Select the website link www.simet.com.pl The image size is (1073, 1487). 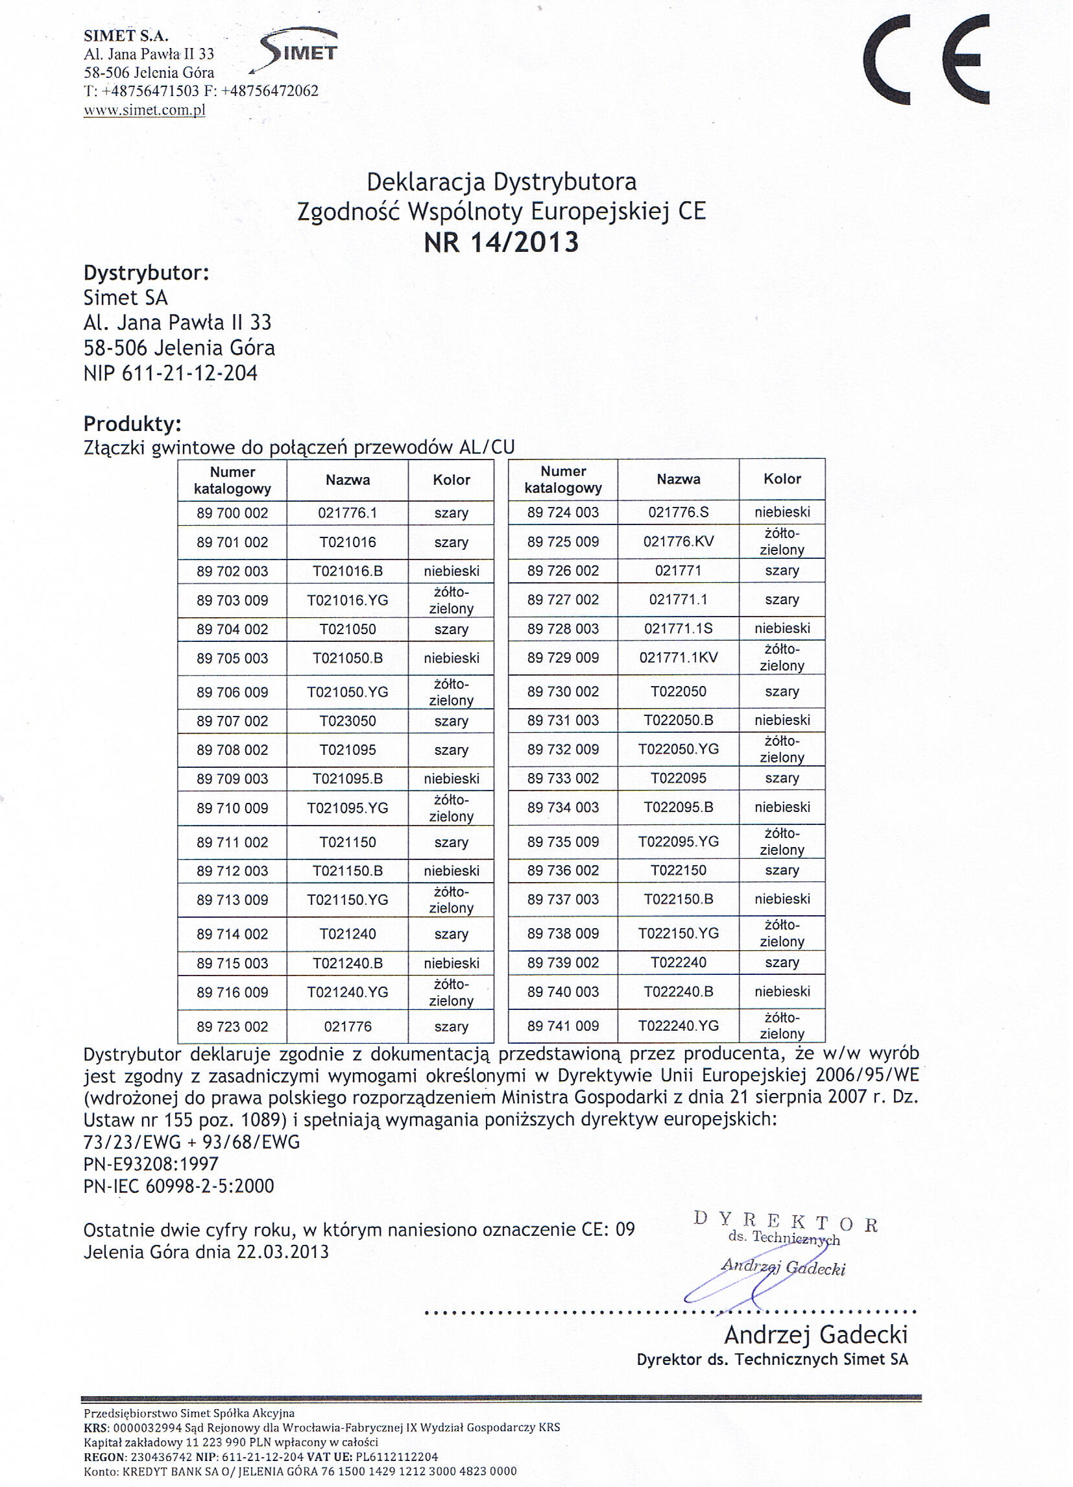[x=144, y=110]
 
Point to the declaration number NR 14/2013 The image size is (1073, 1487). [x=501, y=243]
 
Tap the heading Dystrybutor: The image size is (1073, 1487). [x=146, y=273]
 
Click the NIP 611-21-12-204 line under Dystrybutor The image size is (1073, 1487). [x=171, y=374]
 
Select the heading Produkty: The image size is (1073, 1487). [x=132, y=424]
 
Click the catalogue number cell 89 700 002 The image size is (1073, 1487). [x=232, y=513]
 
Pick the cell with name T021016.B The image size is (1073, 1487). [x=348, y=571]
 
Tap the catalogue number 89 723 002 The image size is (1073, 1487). [x=232, y=1027]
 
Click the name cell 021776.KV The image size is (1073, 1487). [x=678, y=541]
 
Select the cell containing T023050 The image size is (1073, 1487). [x=348, y=721]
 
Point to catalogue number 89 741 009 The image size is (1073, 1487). [x=562, y=1026]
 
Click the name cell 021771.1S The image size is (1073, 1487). [x=678, y=629]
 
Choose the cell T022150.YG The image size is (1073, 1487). [x=678, y=933]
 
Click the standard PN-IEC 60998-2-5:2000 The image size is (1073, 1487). [x=178, y=1185]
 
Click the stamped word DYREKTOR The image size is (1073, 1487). [x=784, y=1222]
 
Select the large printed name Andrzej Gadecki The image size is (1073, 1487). [x=815, y=1334]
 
